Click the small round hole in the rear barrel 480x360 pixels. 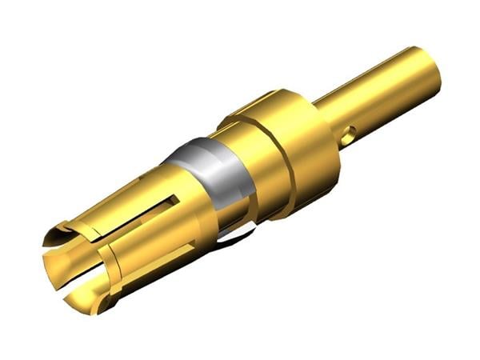click(346, 138)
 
